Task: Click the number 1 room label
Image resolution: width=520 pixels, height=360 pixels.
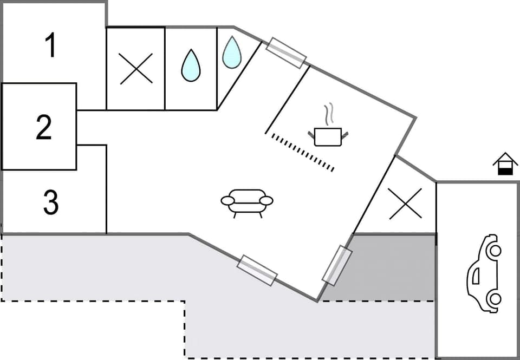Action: click(50, 45)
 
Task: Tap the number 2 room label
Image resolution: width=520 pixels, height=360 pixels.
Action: click(43, 127)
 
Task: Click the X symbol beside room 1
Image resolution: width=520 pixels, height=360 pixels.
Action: click(136, 69)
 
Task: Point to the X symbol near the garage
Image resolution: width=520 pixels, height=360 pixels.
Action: click(405, 204)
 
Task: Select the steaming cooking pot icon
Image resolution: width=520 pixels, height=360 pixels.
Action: click(327, 135)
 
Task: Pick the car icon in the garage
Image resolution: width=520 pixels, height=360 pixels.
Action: click(484, 273)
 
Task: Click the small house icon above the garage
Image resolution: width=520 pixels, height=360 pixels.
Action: click(505, 163)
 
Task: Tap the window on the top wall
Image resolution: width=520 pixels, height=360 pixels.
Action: click(287, 53)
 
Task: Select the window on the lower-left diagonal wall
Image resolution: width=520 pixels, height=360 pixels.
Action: click(257, 270)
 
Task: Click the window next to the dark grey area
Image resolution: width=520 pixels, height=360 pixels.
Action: click(337, 265)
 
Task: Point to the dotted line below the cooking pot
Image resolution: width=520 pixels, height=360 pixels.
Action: click(302, 153)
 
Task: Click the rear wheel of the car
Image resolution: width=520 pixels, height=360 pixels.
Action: click(494, 298)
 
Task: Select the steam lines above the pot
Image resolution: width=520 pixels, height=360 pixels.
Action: click(328, 115)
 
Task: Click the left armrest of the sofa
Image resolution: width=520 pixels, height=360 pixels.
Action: click(227, 201)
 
